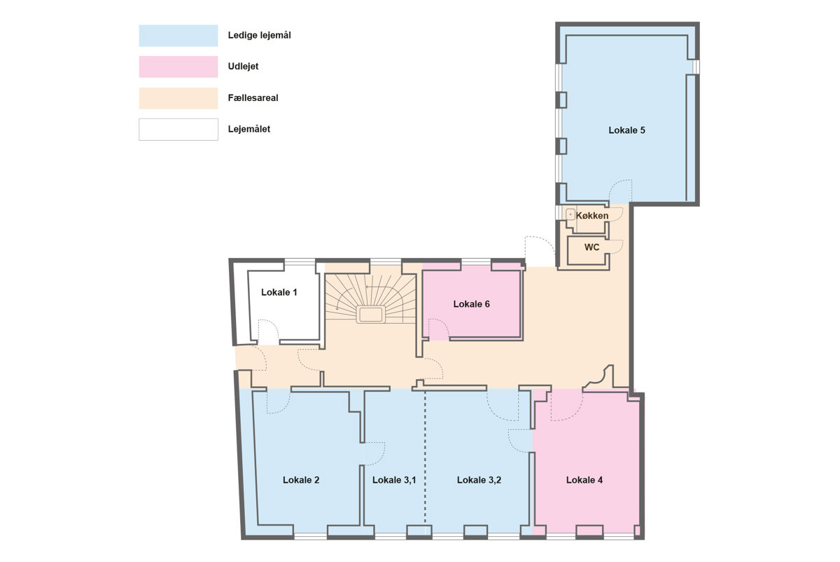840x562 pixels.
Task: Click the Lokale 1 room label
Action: click(279, 292)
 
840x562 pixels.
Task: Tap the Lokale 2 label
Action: click(301, 480)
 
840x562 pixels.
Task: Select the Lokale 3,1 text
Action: click(394, 480)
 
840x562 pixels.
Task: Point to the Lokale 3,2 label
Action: click(479, 480)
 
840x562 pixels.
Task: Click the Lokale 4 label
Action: click(584, 480)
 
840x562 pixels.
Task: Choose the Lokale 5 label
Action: click(626, 130)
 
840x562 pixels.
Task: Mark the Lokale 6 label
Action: click(471, 303)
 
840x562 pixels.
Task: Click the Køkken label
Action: click(592, 216)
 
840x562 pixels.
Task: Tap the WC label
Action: click(591, 247)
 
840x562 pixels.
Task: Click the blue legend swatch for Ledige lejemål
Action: click(178, 36)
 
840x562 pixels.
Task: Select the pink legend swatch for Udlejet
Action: click(178, 67)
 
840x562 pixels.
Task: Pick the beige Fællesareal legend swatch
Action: click(178, 98)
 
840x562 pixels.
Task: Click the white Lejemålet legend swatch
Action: click(178, 130)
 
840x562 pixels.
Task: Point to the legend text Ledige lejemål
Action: click(260, 35)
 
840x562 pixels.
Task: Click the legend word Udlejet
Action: click(244, 67)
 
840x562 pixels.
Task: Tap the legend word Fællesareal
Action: click(253, 97)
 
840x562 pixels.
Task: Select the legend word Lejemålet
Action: click(249, 129)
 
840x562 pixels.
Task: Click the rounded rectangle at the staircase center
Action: click(370, 314)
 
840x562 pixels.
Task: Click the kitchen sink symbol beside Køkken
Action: click(570, 214)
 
